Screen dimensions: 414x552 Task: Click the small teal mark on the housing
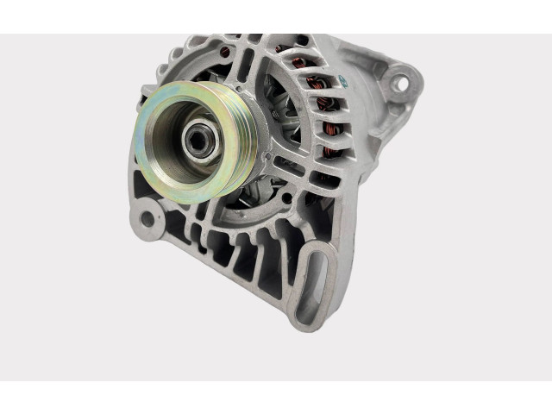coord(342,80)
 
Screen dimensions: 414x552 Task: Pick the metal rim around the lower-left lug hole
coord(156,211)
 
